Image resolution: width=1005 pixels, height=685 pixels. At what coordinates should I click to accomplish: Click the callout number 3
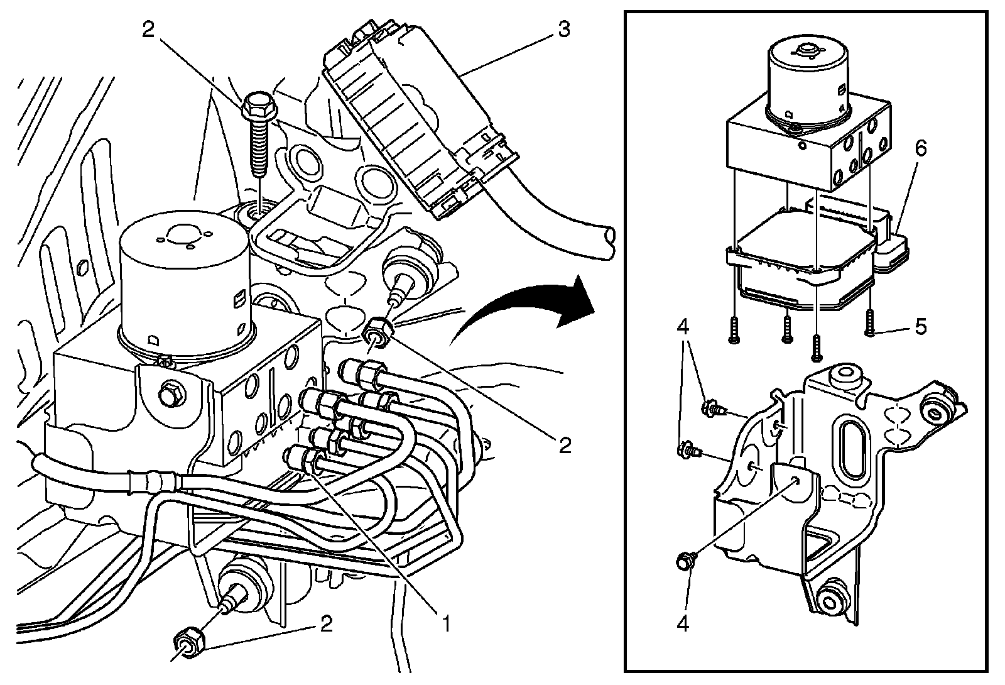point(563,29)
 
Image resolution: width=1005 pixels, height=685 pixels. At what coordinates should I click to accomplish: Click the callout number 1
point(445,623)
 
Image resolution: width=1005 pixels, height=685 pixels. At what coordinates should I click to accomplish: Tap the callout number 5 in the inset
point(920,327)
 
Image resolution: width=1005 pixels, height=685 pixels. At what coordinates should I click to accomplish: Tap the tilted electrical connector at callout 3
point(415,119)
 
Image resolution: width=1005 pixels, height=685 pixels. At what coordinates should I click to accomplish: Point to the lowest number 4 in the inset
point(683,625)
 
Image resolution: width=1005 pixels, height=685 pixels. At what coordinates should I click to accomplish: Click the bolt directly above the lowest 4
point(685,561)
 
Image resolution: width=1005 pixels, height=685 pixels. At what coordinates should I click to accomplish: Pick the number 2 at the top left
point(148,30)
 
